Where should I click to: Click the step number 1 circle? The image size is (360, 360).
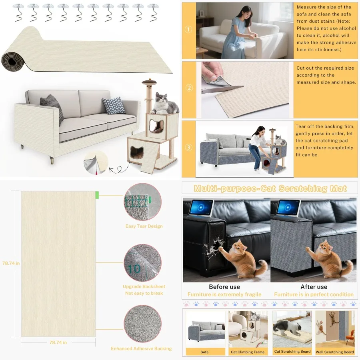click(189, 30)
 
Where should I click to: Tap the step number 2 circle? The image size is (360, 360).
click(189, 88)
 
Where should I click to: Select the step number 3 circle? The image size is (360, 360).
click(189, 148)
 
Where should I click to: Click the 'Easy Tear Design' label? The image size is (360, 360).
click(144, 226)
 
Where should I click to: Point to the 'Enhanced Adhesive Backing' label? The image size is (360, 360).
click(141, 349)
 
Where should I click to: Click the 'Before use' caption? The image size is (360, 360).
click(224, 287)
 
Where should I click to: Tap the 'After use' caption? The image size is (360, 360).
click(314, 287)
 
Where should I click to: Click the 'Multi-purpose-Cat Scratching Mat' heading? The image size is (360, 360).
click(270, 188)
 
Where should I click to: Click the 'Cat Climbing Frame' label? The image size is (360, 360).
click(248, 352)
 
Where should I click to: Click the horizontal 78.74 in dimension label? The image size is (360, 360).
click(58, 342)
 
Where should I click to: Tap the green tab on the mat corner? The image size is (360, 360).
click(97, 195)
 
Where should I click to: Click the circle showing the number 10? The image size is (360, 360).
click(142, 264)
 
